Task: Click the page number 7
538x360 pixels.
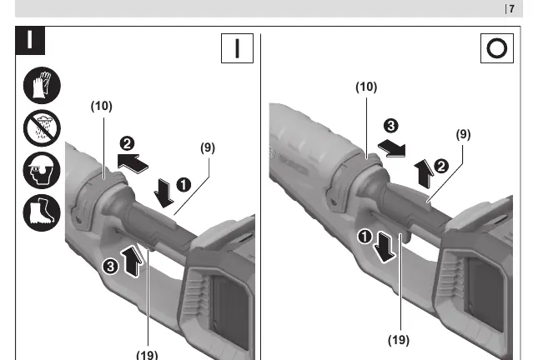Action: (511, 8)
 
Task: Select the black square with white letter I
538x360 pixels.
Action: (30, 41)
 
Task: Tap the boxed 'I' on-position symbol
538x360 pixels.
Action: (237, 48)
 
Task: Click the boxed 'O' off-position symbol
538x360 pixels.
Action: (497, 48)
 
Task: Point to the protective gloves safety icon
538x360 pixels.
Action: (42, 85)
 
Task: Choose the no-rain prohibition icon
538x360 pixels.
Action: (42, 128)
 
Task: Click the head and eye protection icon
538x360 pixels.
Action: (42, 170)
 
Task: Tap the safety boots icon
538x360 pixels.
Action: (42, 212)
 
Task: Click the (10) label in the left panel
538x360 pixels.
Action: (102, 107)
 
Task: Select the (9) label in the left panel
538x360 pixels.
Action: (208, 147)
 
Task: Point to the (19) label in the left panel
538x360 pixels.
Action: (147, 354)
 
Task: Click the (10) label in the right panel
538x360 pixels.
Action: (366, 87)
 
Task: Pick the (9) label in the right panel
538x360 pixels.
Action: (463, 134)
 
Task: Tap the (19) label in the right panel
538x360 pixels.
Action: (399, 340)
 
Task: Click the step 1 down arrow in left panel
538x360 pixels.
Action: (164, 193)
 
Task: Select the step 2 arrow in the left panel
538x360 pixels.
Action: (133, 163)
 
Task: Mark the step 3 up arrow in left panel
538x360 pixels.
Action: (133, 262)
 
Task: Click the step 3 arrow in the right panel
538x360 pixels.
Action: (392, 148)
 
